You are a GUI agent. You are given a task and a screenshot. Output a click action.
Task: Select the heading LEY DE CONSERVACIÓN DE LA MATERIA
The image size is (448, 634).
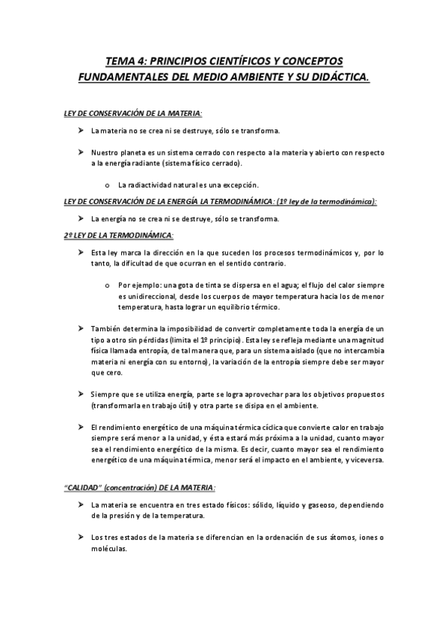(133, 113)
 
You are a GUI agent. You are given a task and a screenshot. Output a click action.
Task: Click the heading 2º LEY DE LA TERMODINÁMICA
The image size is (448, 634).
(118, 236)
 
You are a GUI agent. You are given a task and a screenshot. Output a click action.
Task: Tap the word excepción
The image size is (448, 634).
(240, 184)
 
